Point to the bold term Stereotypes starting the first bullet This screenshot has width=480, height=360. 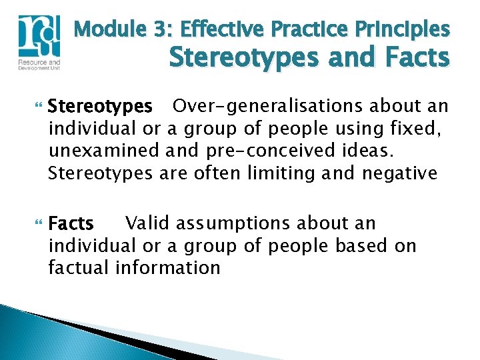pyautogui.click(x=101, y=107)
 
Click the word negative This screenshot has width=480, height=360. pyautogui.click(x=399, y=173)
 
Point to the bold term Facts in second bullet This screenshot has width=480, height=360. pyautogui.click(x=71, y=223)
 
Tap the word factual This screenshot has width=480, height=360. pyautogui.click(x=79, y=268)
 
